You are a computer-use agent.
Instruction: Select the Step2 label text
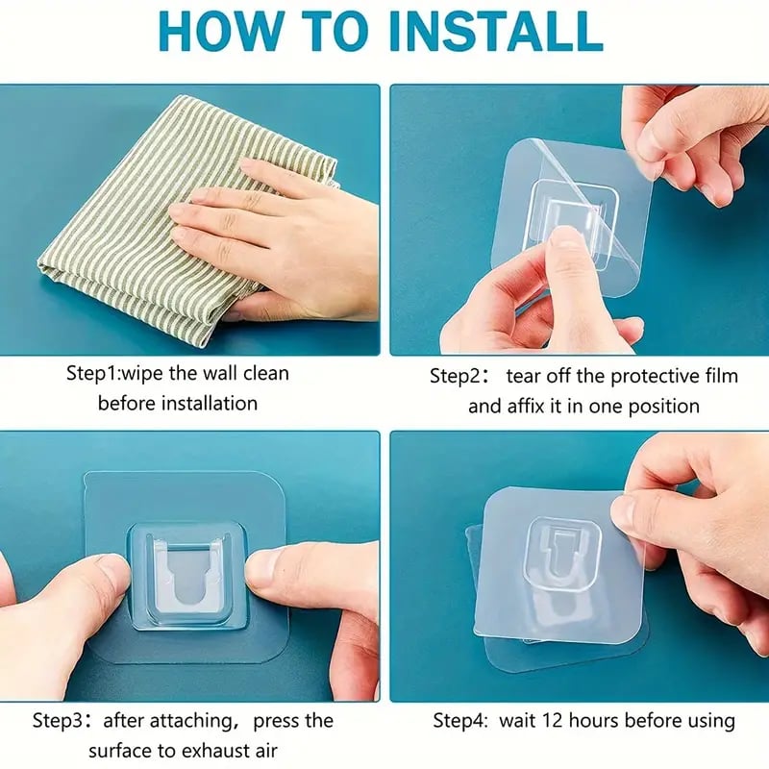click(459, 376)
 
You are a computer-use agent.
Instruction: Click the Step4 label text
click(462, 720)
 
